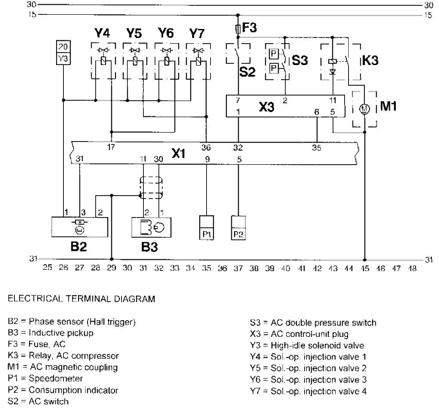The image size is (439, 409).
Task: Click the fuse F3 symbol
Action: pyautogui.click(x=239, y=29)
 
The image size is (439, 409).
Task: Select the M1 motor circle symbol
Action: pyautogui.click(x=364, y=108)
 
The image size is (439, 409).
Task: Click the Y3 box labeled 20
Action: pyautogui.click(x=63, y=51)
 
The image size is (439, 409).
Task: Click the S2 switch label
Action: pyautogui.click(x=248, y=71)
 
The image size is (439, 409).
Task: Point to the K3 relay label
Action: pyautogui.click(x=370, y=61)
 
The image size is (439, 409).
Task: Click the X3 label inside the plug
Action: pyautogui.click(x=266, y=107)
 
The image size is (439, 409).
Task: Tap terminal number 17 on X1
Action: pyautogui.click(x=112, y=147)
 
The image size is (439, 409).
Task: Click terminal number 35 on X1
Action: pyautogui.click(x=317, y=147)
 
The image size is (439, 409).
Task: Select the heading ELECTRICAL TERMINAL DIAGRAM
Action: pyautogui.click(x=81, y=299)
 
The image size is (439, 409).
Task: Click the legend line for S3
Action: pyautogui.click(x=313, y=323)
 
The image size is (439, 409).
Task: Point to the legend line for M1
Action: pyautogui.click(x=63, y=367)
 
